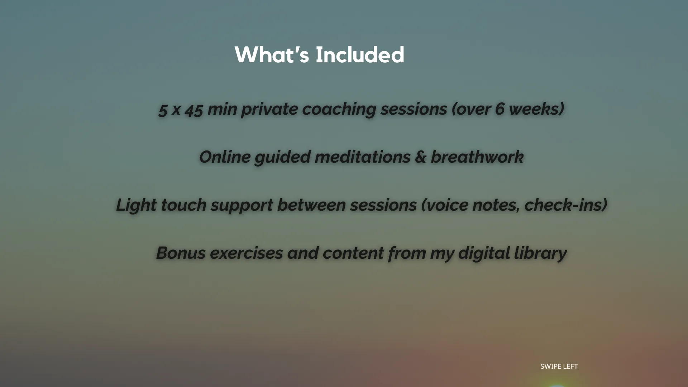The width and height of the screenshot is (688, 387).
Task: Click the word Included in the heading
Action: point(360,55)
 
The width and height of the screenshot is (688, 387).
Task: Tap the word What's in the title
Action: point(272,55)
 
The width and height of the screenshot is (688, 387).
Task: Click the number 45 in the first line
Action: point(194,109)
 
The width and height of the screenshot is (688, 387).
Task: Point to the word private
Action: point(269,109)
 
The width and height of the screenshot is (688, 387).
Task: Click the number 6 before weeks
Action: point(500,109)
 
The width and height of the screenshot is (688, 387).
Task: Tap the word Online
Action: point(224,157)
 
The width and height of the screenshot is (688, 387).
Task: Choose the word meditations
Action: point(362,157)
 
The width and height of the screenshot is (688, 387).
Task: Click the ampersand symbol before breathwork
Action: point(420,157)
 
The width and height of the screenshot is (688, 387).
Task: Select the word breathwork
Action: point(477,157)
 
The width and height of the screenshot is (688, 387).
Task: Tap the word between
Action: point(311,205)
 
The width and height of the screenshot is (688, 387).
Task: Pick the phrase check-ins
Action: point(565,205)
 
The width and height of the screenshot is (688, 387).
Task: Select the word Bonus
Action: point(181,253)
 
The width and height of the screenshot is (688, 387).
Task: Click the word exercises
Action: point(246,253)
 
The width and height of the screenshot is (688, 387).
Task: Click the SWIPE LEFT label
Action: point(559,366)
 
